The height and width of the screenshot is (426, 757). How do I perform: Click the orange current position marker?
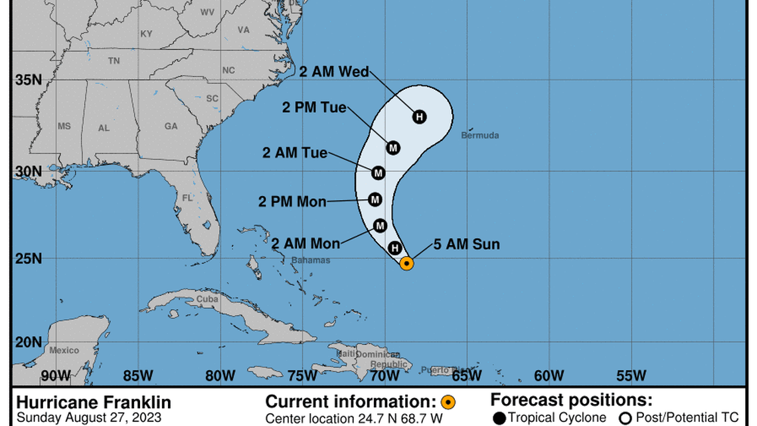coord(407,263)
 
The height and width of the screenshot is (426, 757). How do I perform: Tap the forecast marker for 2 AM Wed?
coord(419,117)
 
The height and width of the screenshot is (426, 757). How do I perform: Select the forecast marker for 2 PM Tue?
coord(393,148)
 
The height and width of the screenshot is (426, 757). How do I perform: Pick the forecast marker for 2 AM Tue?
coord(378,173)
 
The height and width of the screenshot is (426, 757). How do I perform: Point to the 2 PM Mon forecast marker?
coord(375,199)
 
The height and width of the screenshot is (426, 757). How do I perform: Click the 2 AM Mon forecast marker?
coord(380,226)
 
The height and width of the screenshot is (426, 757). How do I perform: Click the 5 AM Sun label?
coord(466,245)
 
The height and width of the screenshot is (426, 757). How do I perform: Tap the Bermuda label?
coord(480,136)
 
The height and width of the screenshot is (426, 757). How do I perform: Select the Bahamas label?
coord(310,260)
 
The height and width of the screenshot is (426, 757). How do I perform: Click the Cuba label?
coord(207,300)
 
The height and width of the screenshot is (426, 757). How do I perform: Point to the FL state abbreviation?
coord(188,197)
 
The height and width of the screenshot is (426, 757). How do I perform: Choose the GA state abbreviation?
coord(171,126)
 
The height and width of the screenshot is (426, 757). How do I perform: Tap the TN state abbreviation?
coord(114,60)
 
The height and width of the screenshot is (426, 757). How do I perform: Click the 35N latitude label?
coord(28,80)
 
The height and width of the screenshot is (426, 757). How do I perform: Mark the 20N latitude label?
coord(28,342)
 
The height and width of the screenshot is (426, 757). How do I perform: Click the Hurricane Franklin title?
coord(93,403)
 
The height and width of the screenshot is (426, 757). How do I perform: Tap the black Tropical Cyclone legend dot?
coord(499,418)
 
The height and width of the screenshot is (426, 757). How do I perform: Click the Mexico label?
coord(64,350)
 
